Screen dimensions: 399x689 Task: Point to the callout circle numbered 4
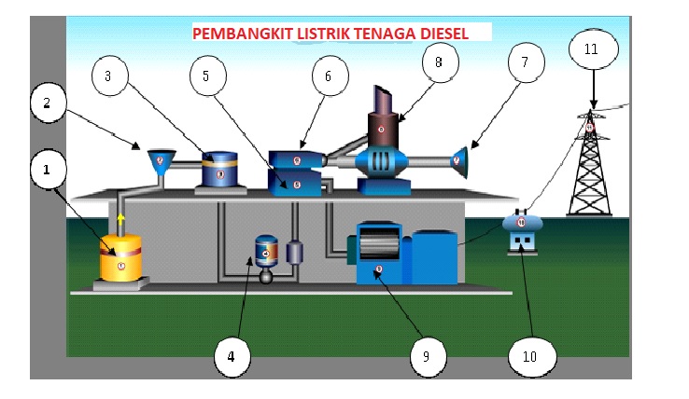tap(233, 355)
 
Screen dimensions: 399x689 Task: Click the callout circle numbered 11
tap(592, 49)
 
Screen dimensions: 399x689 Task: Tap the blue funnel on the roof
tap(162, 159)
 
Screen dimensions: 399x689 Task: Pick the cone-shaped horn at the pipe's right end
tap(459, 159)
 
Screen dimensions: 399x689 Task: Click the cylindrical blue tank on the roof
tap(220, 171)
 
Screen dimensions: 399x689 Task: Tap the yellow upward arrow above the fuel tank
tap(120, 222)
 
